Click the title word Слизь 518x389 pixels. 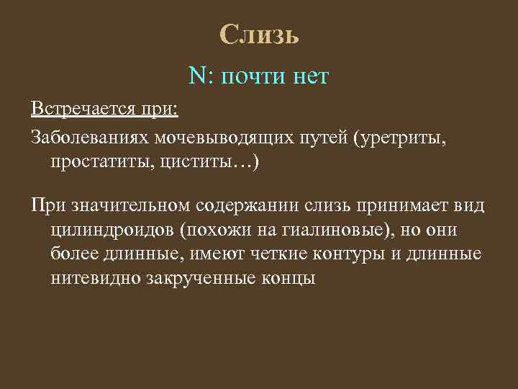(258, 34)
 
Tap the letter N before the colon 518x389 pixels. (196, 75)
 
